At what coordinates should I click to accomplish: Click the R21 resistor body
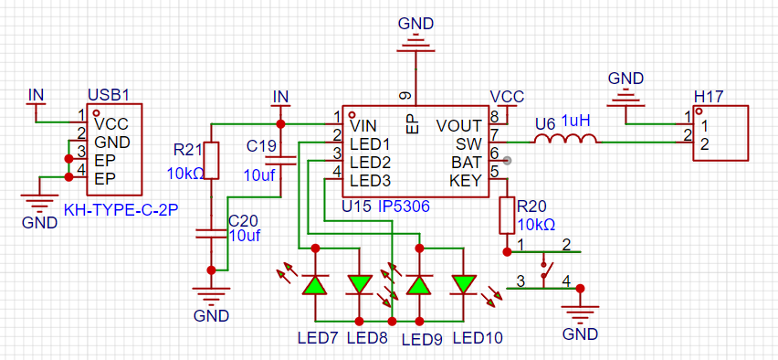click(x=211, y=160)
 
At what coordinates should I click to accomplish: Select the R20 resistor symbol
click(x=507, y=215)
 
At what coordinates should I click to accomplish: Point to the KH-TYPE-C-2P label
click(x=121, y=210)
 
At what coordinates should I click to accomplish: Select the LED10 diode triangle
click(x=464, y=284)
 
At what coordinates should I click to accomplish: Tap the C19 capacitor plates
click(x=280, y=160)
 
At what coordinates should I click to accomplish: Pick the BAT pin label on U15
click(x=466, y=162)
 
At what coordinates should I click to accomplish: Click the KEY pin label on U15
click(x=466, y=180)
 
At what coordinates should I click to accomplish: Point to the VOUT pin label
click(x=459, y=125)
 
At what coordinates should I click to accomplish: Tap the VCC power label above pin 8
click(x=507, y=96)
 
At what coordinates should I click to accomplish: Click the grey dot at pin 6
click(x=507, y=161)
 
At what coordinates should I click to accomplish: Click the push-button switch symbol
click(x=546, y=270)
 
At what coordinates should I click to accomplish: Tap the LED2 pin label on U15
click(x=370, y=163)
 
